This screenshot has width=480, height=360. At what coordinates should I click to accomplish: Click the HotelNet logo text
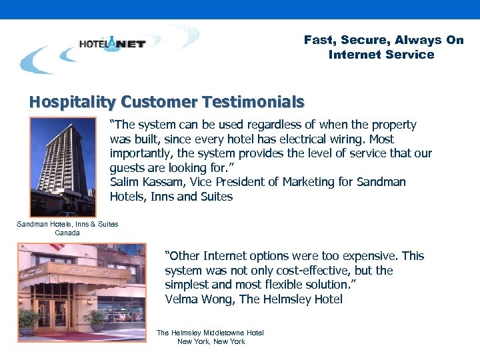tap(112, 44)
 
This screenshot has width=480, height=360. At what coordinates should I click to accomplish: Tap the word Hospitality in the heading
tap(73, 102)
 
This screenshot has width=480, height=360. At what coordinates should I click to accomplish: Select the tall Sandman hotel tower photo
tap(63, 166)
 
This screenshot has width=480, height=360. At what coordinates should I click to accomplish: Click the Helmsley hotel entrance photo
tap(63, 293)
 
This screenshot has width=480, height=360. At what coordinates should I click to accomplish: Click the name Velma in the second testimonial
tap(181, 299)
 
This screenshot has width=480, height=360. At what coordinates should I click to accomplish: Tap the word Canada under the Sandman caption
tap(67, 233)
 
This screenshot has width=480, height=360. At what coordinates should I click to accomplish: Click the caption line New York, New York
tap(211, 341)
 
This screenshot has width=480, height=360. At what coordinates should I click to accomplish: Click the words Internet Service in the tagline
tap(381, 55)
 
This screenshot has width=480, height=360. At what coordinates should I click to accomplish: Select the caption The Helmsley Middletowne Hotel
tap(210, 333)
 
